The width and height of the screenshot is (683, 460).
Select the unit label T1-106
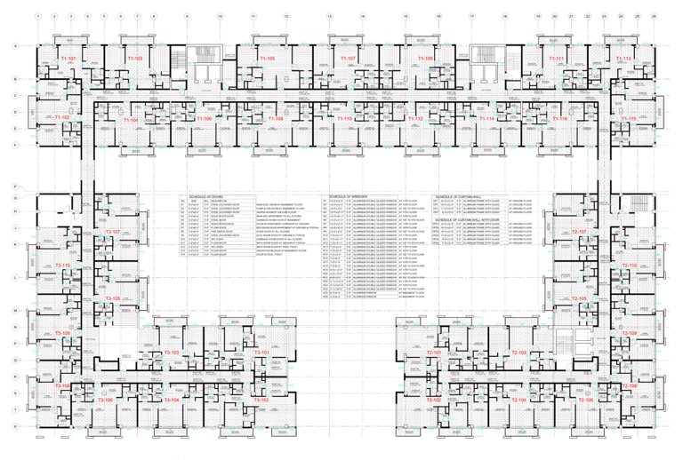tap(203, 118)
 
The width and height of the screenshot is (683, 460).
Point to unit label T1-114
tap(486, 118)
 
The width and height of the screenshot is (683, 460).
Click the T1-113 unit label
tap(623, 59)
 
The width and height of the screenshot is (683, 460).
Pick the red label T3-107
tap(112, 231)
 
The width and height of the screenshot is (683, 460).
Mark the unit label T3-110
tap(62, 266)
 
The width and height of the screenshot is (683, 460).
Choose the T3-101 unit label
tap(261, 353)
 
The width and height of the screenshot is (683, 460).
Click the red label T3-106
tap(103, 401)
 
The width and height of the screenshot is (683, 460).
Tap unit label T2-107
tap(579, 231)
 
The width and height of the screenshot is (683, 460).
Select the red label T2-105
tap(579, 299)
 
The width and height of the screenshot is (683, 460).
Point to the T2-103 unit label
tap(519, 353)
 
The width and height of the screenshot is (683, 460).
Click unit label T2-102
tap(434, 401)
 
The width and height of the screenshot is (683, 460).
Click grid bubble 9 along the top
tap(187, 17)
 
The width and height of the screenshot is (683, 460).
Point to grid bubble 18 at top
tap(504, 17)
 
